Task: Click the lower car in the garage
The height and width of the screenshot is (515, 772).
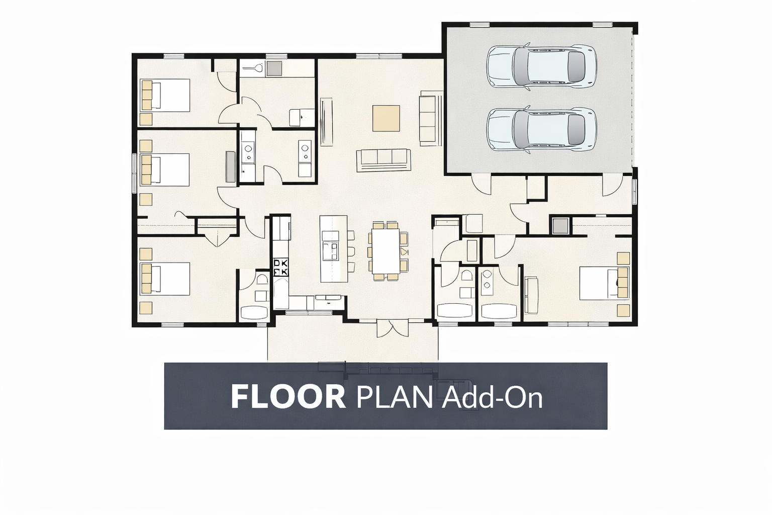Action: (542, 129)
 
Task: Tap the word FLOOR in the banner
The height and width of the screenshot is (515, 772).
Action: (288, 396)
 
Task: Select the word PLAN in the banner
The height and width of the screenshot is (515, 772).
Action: (394, 396)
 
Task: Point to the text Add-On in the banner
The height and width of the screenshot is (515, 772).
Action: (492, 396)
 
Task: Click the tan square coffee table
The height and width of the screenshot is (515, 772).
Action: (386, 118)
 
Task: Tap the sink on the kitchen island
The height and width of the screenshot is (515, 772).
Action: (330, 249)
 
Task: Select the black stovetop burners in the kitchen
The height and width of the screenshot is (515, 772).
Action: (281, 267)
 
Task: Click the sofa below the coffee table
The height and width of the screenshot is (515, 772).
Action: (383, 160)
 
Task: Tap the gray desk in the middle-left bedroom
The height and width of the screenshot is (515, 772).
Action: (231, 166)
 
